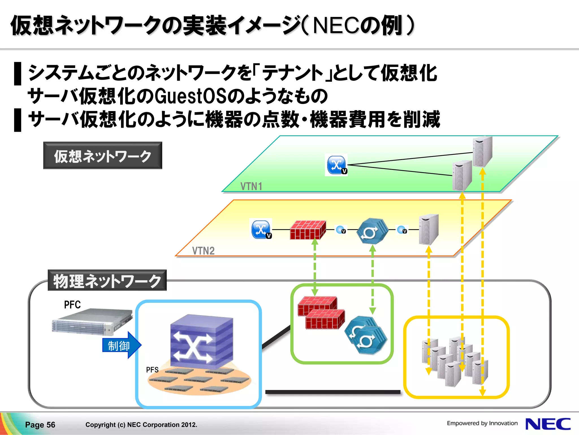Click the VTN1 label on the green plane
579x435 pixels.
(251, 186)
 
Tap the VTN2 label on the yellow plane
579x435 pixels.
(203, 251)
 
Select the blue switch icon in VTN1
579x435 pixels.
(336, 165)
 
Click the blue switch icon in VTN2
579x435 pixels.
(261, 229)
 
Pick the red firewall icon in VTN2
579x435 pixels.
(308, 230)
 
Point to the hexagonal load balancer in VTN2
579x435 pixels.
(371, 231)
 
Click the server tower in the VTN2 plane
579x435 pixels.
(428, 229)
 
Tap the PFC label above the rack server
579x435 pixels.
(72, 305)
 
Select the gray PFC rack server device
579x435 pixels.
(92, 322)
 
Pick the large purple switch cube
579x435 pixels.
(201, 342)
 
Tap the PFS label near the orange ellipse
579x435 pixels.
(152, 370)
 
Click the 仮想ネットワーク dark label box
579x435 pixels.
(103, 156)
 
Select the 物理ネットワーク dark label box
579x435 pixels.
(107, 281)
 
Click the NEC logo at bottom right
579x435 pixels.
(548, 424)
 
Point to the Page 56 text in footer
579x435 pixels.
(40, 425)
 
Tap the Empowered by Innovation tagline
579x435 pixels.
(482, 423)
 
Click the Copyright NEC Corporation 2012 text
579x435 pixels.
(141, 425)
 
